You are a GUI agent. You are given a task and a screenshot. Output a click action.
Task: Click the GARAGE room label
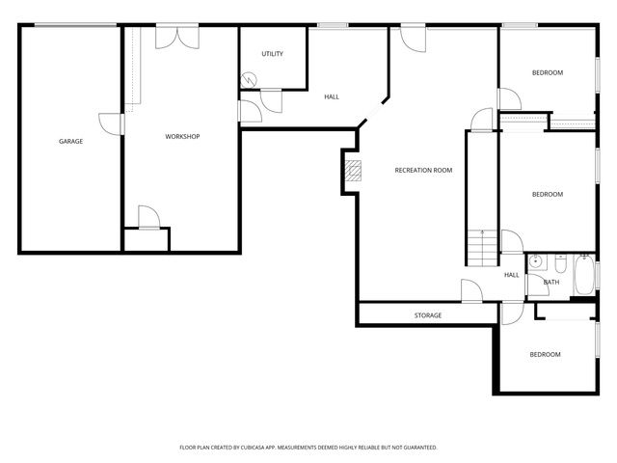click(x=70, y=142)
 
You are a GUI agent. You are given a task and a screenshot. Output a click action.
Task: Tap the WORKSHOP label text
click(x=182, y=137)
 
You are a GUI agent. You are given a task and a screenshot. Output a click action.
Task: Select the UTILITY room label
click(x=273, y=54)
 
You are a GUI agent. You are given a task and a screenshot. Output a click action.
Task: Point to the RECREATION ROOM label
click(x=423, y=171)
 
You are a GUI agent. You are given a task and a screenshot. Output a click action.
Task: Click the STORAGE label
click(x=428, y=315)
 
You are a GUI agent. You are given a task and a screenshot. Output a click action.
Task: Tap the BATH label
click(x=552, y=283)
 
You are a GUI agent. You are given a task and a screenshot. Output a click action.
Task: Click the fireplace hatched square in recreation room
click(x=355, y=171)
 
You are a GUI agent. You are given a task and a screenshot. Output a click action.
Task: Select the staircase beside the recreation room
click(x=481, y=248)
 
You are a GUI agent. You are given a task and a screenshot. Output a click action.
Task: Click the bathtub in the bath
click(x=584, y=276)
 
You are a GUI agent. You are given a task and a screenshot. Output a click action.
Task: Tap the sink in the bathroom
click(x=535, y=260)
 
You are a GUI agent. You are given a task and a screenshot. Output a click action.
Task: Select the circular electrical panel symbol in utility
click(x=252, y=82)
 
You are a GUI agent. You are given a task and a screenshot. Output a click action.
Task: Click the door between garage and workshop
click(x=115, y=124)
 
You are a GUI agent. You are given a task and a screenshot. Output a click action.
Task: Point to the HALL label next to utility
click(x=332, y=96)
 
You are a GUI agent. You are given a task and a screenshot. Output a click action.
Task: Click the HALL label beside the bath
click(x=511, y=275)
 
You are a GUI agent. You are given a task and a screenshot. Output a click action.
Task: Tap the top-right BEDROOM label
click(x=548, y=73)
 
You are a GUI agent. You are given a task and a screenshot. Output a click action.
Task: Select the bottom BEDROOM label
click(x=545, y=355)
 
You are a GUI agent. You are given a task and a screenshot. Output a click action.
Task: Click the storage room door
click(x=472, y=291)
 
